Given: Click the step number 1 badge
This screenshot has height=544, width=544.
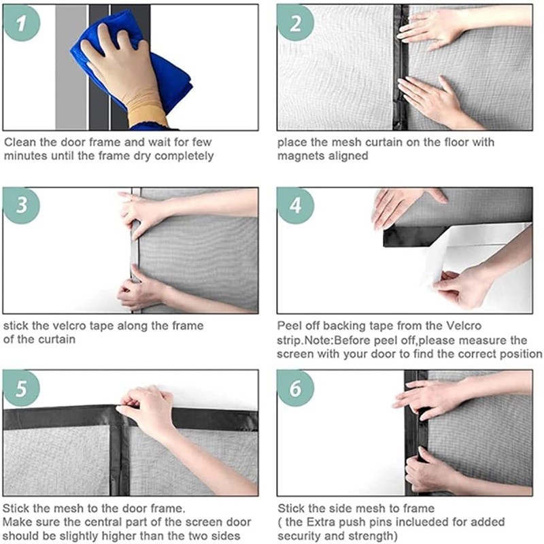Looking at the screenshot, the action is (22, 23).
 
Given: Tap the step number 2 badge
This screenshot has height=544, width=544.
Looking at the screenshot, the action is (296, 23).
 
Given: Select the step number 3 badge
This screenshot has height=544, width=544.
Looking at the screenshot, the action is (22, 205).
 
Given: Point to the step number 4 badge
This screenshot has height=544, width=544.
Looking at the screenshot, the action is (296, 205).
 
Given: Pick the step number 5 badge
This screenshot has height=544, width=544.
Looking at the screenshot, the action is (22, 388).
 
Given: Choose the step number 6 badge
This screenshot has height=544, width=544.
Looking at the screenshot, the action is (296, 388).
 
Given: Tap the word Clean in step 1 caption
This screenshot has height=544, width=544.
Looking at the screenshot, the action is (20, 142).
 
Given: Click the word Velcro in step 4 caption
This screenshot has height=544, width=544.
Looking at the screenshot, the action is (464, 326).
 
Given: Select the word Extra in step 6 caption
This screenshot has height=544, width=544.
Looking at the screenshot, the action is (321, 522).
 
